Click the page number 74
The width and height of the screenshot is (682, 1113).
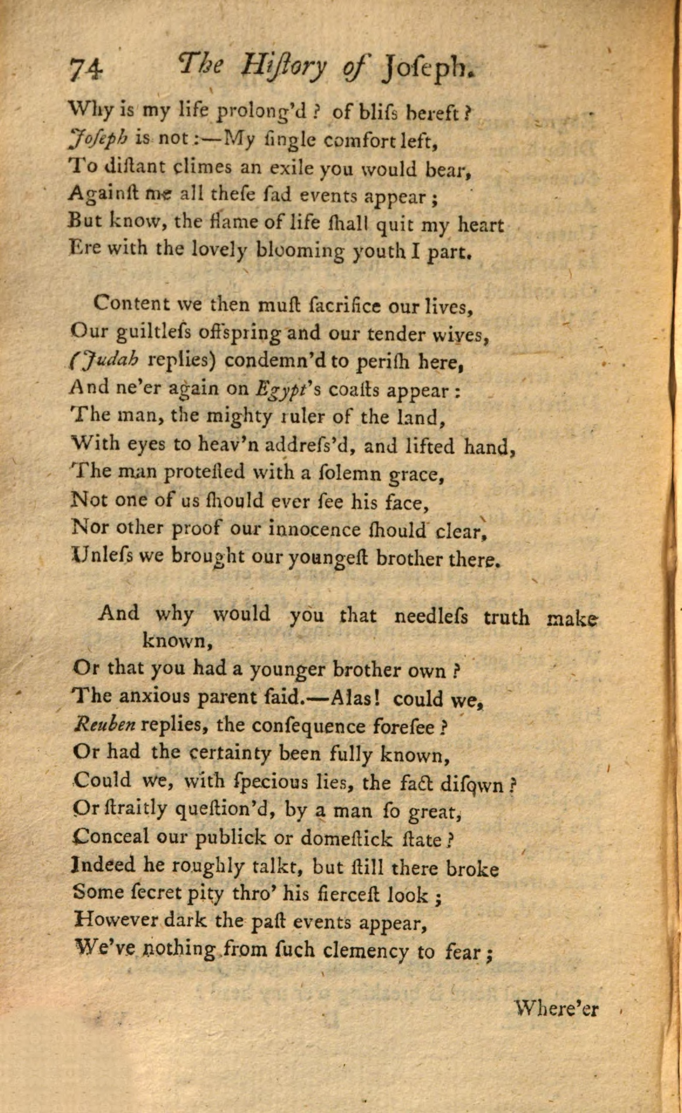pyautogui.click(x=87, y=71)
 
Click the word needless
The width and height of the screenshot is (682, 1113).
pyautogui.click(x=430, y=617)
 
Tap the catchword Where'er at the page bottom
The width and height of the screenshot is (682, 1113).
pyautogui.click(x=556, y=1009)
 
